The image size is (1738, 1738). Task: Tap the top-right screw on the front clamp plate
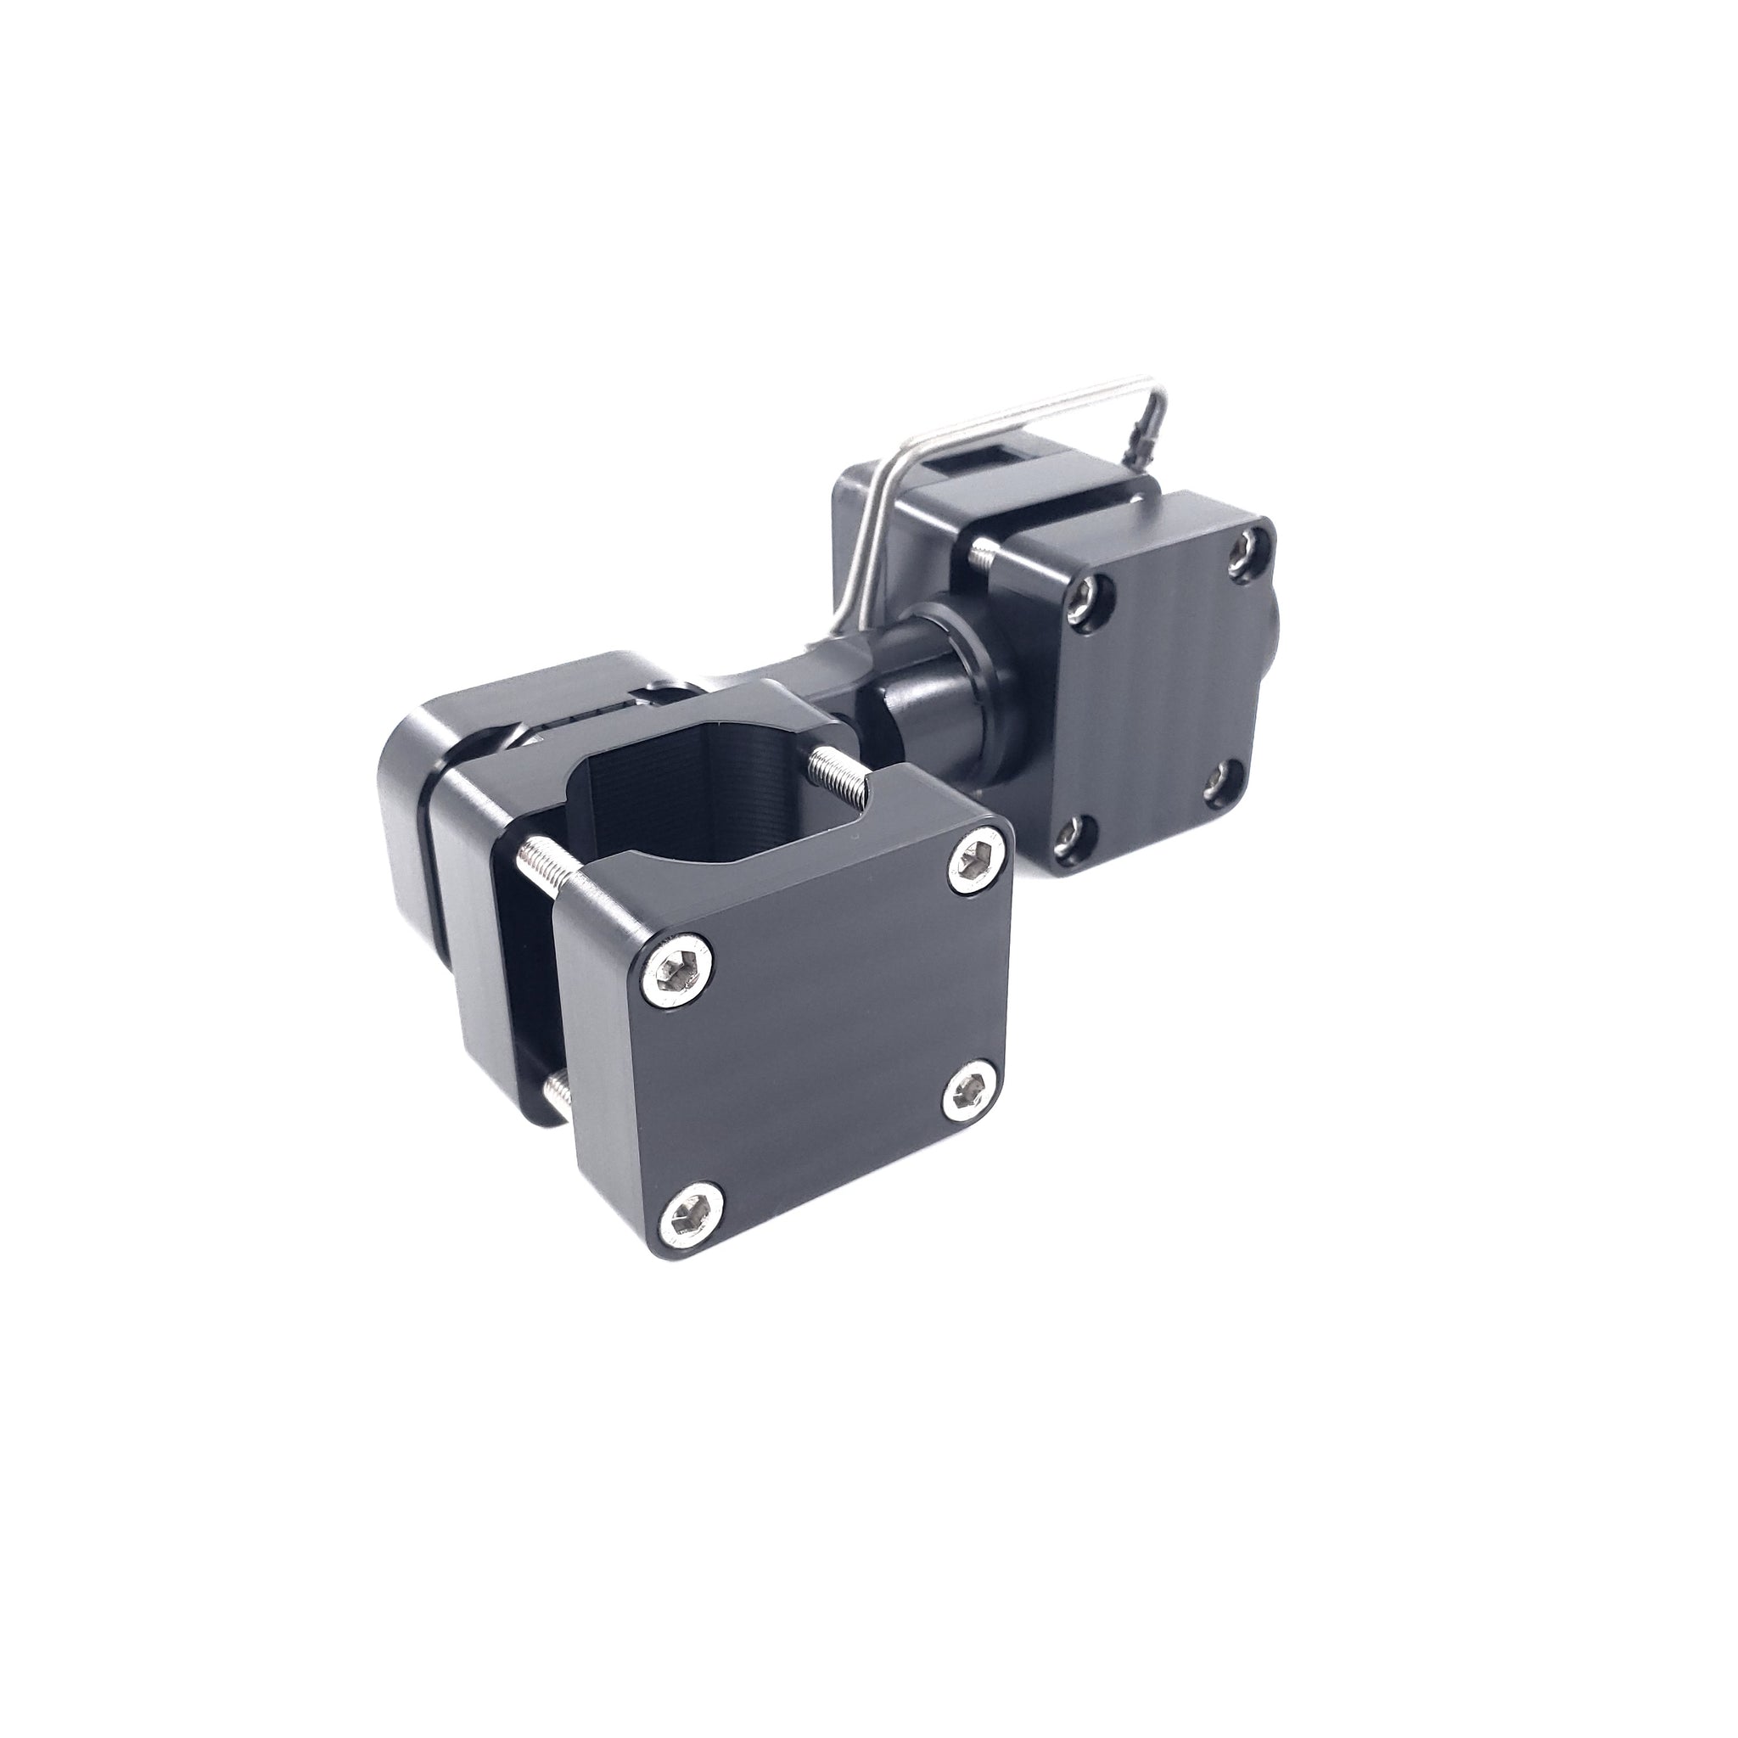pyautogui.click(x=973, y=860)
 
